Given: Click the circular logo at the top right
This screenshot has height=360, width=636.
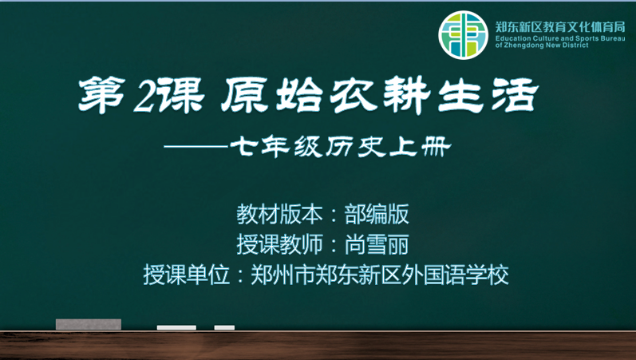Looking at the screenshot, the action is point(463,35).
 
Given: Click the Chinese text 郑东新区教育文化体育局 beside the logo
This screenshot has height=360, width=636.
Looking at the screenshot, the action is point(560,27).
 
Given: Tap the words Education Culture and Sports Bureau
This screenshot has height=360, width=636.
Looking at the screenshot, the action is point(560,38).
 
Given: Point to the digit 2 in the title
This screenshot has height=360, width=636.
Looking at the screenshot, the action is point(144,97).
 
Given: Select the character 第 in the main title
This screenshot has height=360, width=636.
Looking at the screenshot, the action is point(102,95).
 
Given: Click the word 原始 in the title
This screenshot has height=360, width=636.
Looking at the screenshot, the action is point(271,95).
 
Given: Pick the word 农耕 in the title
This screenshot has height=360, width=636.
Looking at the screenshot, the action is point(380,95).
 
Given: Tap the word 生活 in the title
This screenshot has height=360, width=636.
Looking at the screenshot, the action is point(488,95).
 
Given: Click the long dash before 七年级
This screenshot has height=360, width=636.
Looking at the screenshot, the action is point(196,147).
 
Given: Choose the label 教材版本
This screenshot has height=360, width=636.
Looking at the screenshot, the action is point(279,214).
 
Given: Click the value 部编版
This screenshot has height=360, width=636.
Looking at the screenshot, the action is point(377,214).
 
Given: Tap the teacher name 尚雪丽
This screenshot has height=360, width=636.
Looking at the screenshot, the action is point(377,244).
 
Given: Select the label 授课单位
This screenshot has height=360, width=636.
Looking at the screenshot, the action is point(186,275).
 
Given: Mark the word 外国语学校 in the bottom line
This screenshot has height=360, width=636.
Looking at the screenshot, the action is point(455,275).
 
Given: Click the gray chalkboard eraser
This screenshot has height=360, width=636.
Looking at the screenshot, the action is point(89,324).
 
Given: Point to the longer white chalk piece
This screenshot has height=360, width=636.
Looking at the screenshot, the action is point(176,327).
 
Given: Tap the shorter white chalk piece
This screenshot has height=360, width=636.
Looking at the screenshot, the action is point(224,327).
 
